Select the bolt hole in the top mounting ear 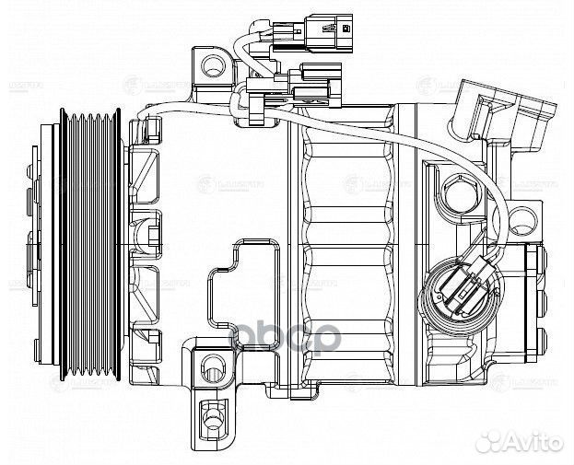(x=213, y=65)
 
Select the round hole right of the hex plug (x=522, y=218)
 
